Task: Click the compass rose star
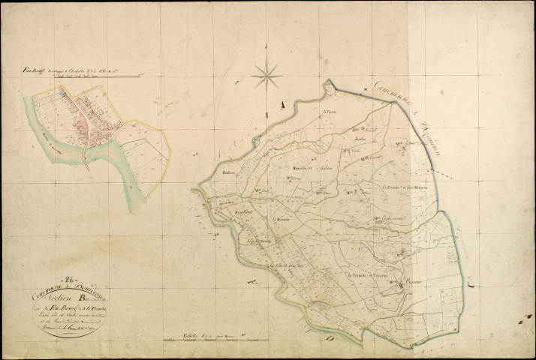(266, 73)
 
